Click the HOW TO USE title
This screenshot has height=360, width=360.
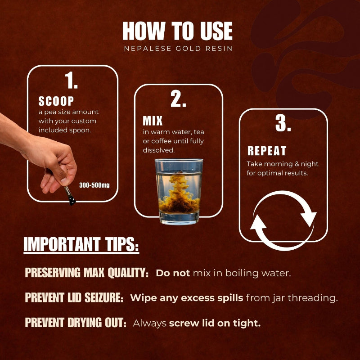pos(178,31)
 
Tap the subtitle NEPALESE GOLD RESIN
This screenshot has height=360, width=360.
pos(178,49)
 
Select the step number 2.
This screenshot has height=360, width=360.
pos(178,100)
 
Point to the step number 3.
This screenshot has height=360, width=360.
pos(283,124)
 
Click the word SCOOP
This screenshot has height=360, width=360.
pos(56,102)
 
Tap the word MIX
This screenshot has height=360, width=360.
pos(153,121)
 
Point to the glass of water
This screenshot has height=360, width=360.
pos(179,191)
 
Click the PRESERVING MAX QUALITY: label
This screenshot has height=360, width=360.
pos(86,273)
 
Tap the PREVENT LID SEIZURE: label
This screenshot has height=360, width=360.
pos(74,298)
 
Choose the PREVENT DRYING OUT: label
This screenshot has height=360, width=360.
pos(76,323)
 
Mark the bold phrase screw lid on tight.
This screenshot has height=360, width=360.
pos(215,323)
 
